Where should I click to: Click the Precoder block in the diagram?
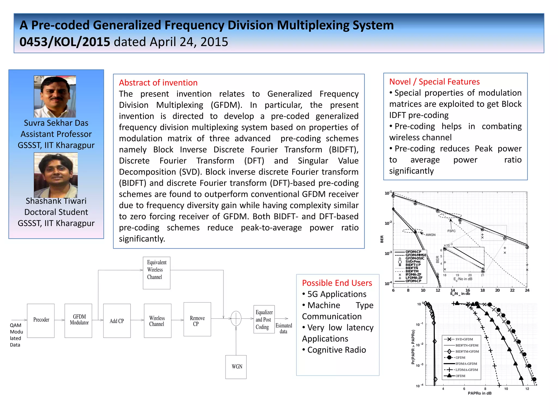41,320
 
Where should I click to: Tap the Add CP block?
117,321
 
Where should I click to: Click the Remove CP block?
197,319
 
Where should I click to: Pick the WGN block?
236,367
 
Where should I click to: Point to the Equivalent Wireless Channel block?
156,273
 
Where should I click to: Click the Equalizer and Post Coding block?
264,319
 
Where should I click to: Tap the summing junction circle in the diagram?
236,318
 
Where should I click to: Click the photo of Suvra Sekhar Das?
55,97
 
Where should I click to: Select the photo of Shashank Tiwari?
56,175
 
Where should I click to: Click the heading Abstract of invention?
158,82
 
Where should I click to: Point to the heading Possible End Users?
337,283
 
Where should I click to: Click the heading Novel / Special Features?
434,81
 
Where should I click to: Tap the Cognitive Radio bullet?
336,350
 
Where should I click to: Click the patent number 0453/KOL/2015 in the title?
65,42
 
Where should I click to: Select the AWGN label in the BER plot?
430,235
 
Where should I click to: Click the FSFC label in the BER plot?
451,231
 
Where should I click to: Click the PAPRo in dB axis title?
480,393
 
